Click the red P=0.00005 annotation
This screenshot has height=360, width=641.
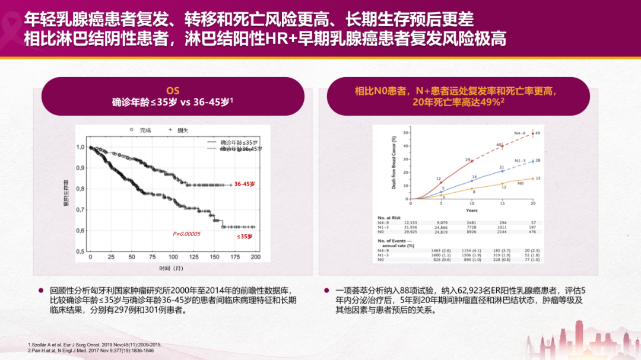click(186, 234)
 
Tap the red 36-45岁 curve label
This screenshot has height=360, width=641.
click(245, 184)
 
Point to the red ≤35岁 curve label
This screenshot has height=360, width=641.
click(245, 237)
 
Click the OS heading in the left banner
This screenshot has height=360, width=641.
click(172, 91)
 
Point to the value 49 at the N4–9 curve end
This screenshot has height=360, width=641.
click(537, 133)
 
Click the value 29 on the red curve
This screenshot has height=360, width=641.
click(468, 160)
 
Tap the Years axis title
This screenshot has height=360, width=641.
click(472, 211)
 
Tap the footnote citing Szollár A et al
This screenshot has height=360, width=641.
click(94, 345)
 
